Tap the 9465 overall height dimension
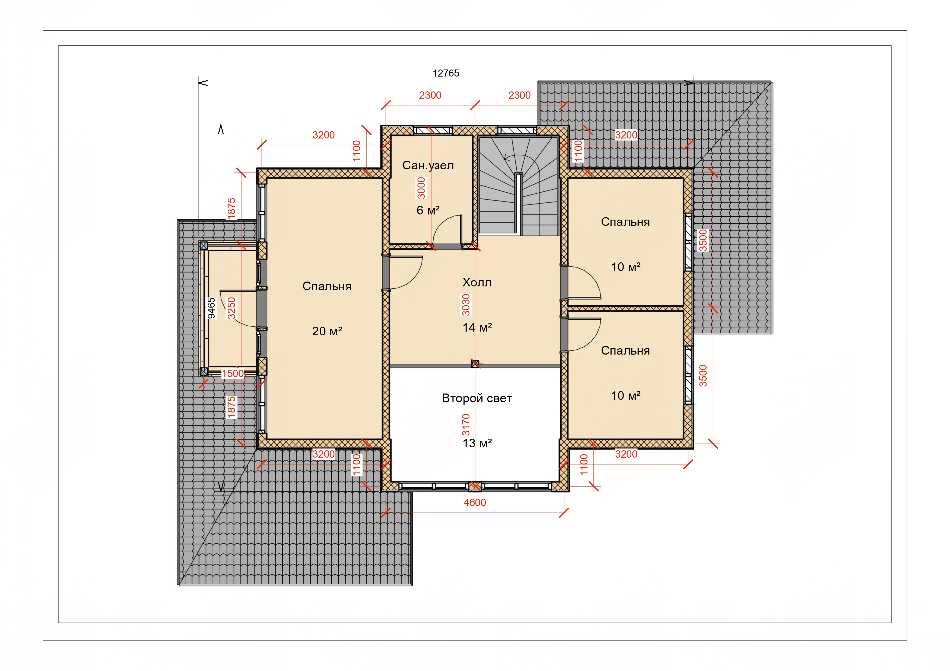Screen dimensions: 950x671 [x=211, y=308]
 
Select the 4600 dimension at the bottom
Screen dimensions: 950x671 [x=475, y=502]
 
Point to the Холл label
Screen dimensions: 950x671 [x=477, y=282]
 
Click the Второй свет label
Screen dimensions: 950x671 [x=477, y=398]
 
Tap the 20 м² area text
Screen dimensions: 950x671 [x=327, y=331]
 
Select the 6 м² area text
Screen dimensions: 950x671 [x=428, y=210]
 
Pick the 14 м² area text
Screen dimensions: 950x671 [x=477, y=328]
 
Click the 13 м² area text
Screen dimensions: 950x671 [x=477, y=443]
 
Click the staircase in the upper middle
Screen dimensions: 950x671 [x=518, y=186]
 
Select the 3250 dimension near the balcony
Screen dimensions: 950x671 [x=231, y=308]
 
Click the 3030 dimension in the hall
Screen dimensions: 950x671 [x=466, y=305]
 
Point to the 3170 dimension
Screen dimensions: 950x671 [x=466, y=425]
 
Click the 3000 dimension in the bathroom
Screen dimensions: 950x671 [x=421, y=188]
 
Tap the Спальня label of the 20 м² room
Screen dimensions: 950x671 [x=327, y=286]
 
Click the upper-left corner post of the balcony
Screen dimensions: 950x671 [x=204, y=246]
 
